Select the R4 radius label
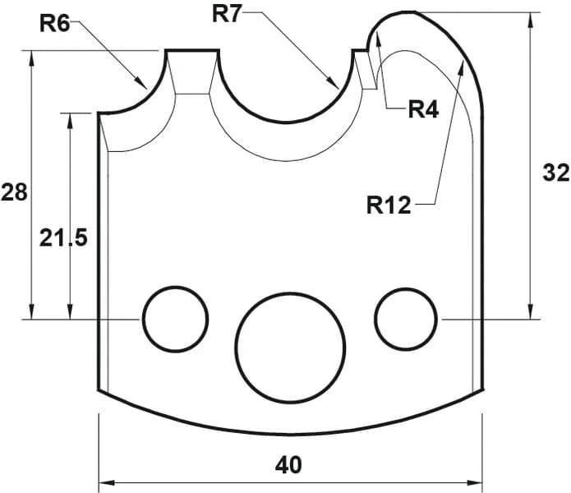(x=424, y=109)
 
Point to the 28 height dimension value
(x=14, y=193)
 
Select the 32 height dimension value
(x=556, y=173)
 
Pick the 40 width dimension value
(x=288, y=465)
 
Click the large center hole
(x=288, y=340)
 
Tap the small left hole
(x=175, y=318)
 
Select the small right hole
(x=405, y=318)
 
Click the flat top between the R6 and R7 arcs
(x=193, y=52)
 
